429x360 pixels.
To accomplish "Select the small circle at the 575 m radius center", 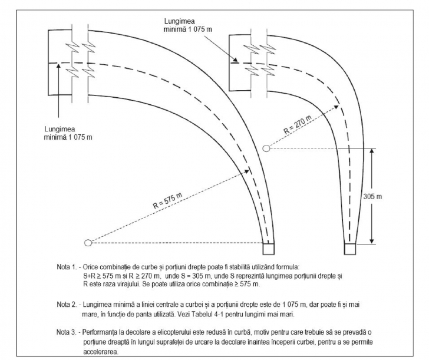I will point(89,242).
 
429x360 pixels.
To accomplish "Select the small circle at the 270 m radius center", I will point(266,147).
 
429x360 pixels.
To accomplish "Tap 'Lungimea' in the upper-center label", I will point(181,19).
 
